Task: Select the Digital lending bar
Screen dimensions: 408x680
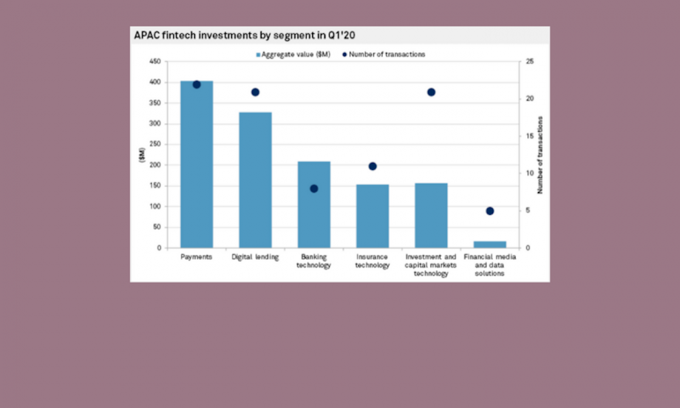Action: [x=255, y=180]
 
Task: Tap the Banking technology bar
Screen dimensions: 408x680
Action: [x=313, y=205]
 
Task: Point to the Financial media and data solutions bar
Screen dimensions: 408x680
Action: [x=490, y=244]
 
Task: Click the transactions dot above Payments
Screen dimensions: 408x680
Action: [x=197, y=84]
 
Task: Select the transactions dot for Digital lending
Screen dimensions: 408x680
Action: [x=255, y=92]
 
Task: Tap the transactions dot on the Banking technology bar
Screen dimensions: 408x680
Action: [x=313, y=188]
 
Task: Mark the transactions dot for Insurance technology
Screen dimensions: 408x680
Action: [x=373, y=166]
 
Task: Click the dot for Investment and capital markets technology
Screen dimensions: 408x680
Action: [x=431, y=92]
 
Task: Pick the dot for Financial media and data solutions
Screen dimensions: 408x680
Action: [x=490, y=211]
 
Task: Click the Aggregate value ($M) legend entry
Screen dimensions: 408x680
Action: [x=292, y=54]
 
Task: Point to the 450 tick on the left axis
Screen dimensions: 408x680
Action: [x=155, y=62]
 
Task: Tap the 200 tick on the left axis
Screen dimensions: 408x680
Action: [x=155, y=165]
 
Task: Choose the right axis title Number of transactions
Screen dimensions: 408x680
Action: [x=541, y=155]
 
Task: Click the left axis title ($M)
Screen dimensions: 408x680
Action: [x=141, y=155]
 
